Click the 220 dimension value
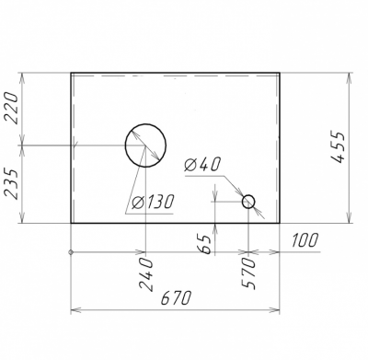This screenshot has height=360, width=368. coord(13,108)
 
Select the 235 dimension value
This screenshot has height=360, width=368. coord(13,184)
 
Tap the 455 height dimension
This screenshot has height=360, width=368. coord(339,147)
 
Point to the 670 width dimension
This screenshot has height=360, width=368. coord(176,298)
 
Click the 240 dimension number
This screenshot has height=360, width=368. coord(145,274)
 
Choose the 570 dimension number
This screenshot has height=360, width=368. coord(248,273)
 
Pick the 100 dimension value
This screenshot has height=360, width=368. coord(304,240)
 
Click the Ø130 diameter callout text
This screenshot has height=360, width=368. coord(153,202)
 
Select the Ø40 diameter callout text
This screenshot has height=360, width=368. coord(202,164)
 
